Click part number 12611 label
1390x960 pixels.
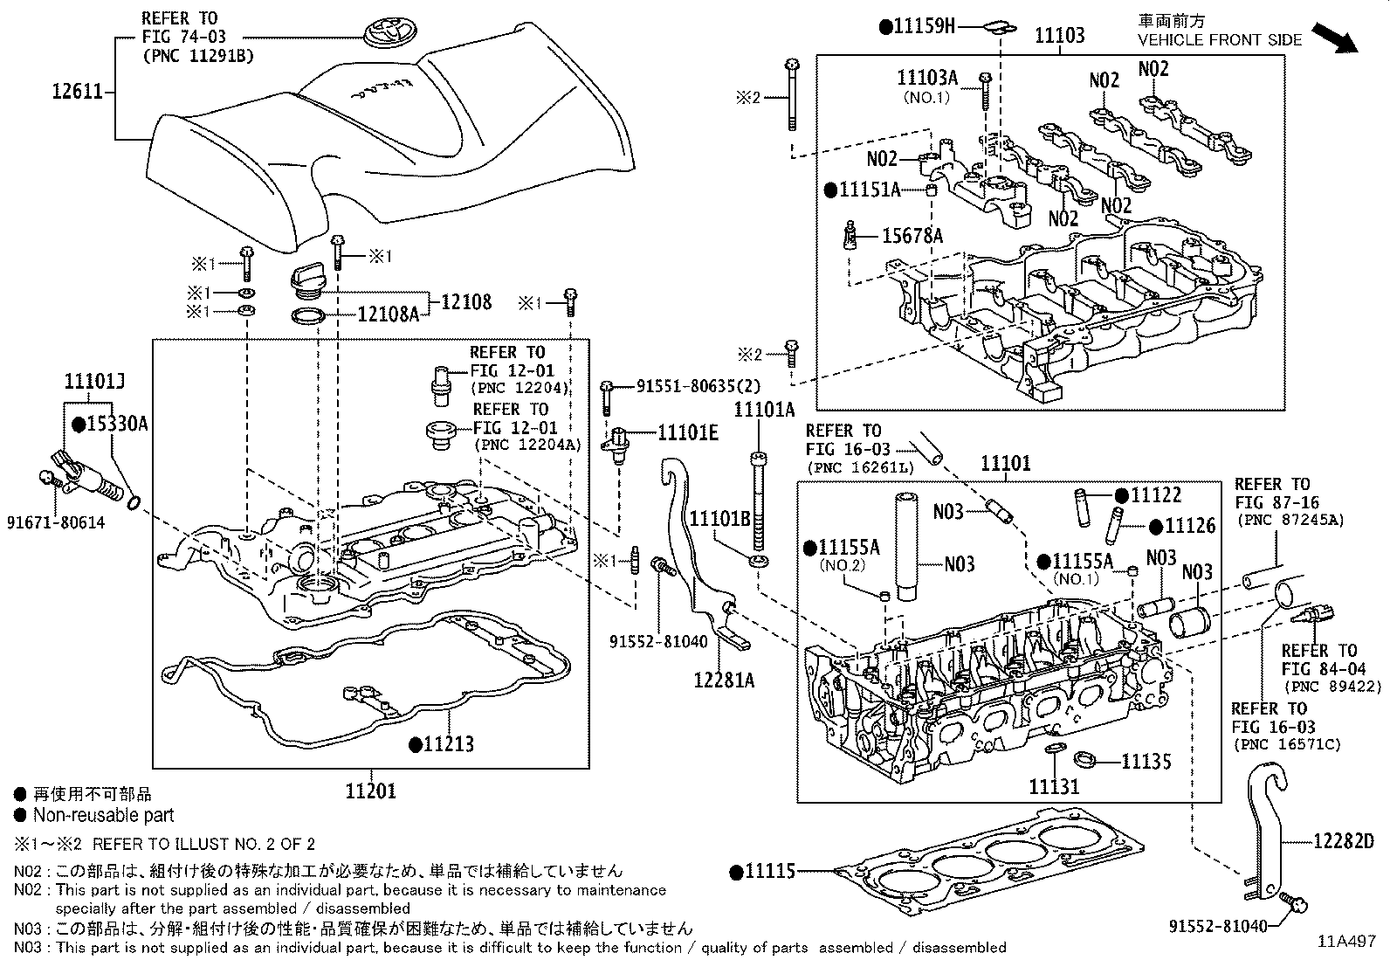tap(79, 91)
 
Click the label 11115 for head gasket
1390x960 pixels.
tap(769, 871)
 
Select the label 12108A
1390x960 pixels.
tap(388, 314)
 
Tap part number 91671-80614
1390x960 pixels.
tap(57, 521)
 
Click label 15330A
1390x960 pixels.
tap(117, 425)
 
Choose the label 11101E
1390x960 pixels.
tap(687, 432)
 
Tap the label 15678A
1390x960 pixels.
tap(912, 235)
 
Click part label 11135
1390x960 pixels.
tap(1146, 762)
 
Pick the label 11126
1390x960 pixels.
tap(1189, 526)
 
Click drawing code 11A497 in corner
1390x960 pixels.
tap(1347, 942)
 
